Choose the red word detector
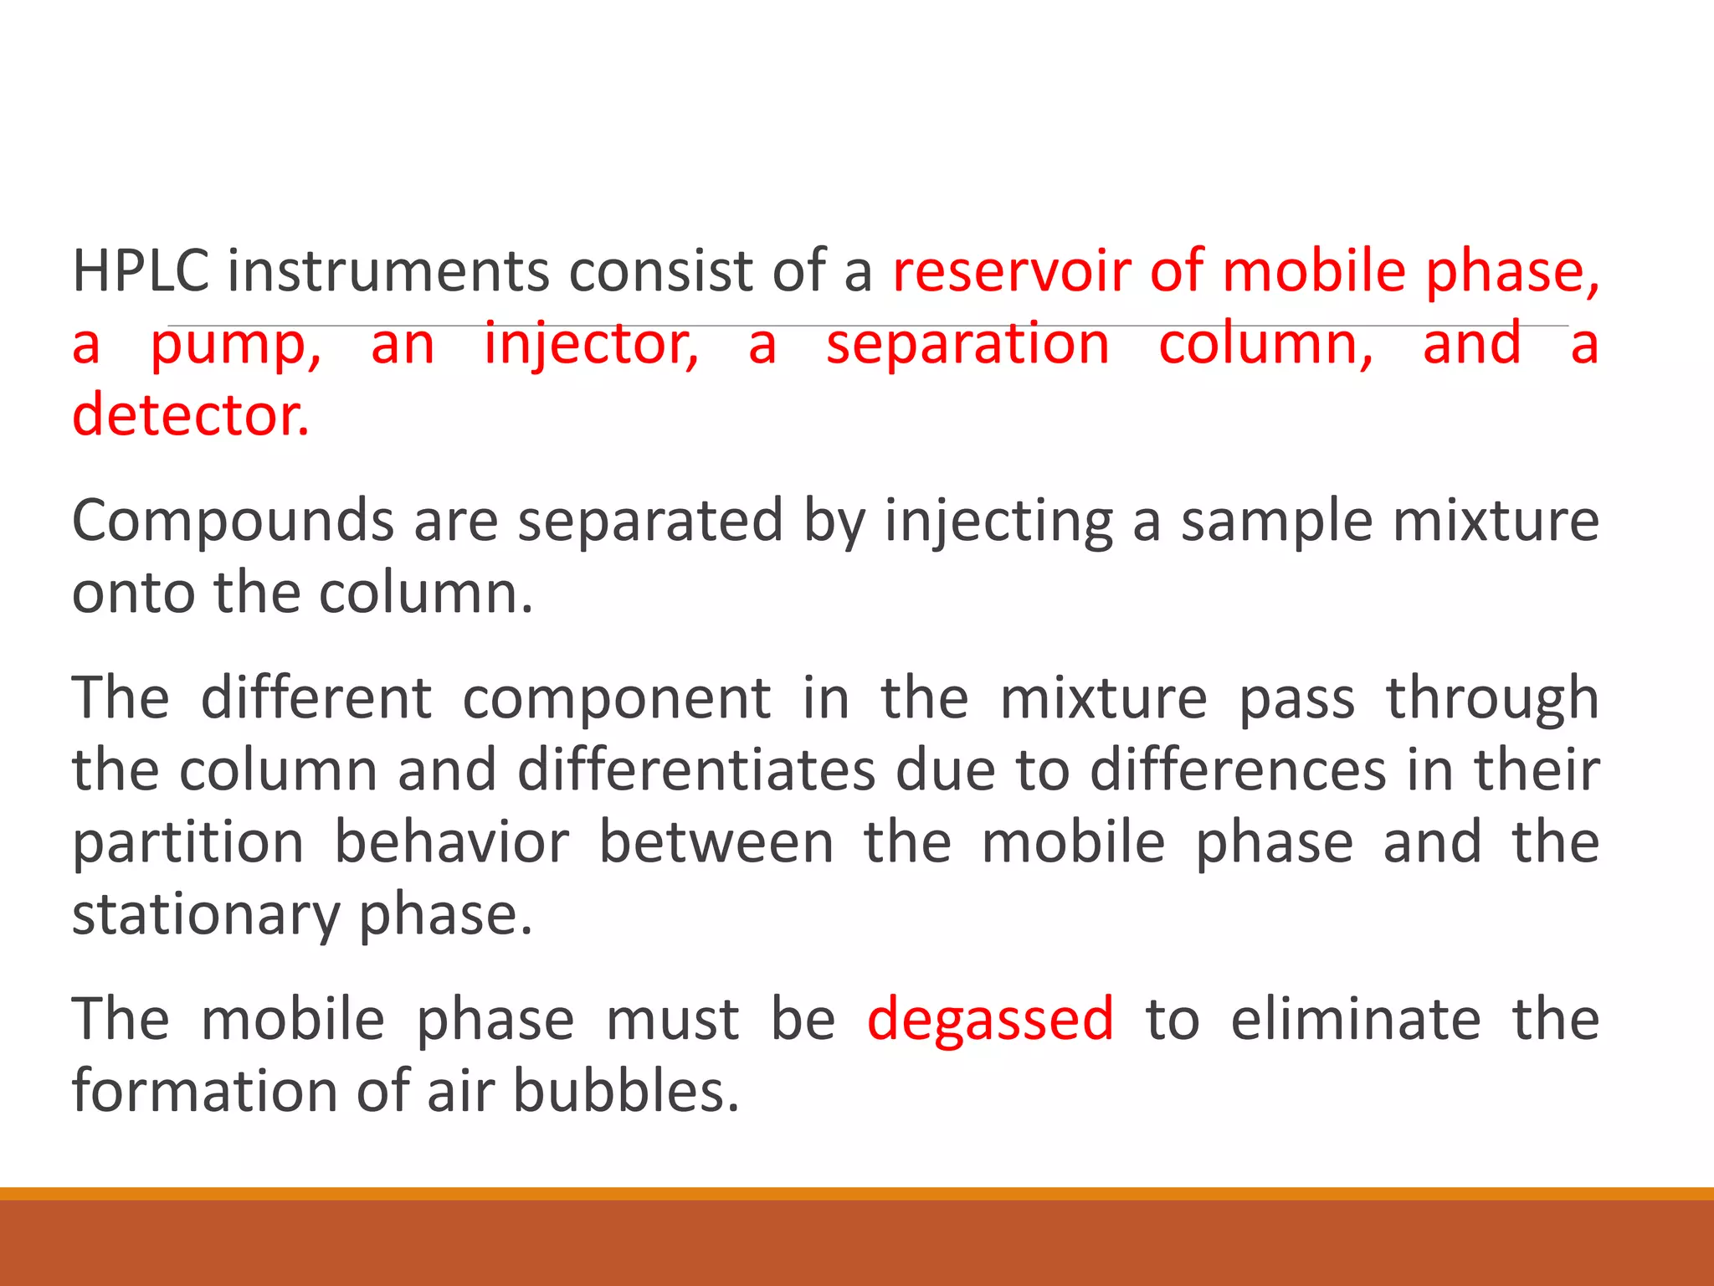[x=191, y=415]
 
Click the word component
[x=617, y=698]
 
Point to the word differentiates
[x=696, y=770]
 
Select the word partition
[x=188, y=842]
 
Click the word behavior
[x=452, y=842]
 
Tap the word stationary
[x=206, y=914]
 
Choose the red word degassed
[x=990, y=1020]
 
